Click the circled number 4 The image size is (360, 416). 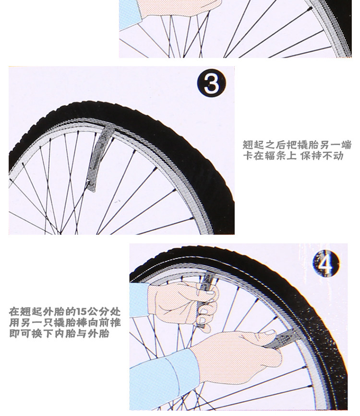click(x=326, y=263)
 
